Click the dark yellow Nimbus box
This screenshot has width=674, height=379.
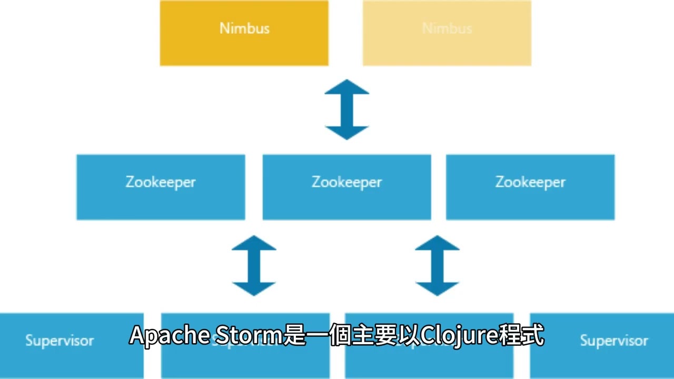click(244, 33)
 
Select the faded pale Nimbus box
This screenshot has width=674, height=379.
click(447, 33)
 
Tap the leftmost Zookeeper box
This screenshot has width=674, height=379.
click(161, 187)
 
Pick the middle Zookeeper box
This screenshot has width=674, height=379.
click(346, 187)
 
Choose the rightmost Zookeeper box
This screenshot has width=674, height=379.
click(530, 187)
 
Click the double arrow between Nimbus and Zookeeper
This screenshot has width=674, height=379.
click(346, 109)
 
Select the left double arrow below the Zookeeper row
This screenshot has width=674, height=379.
click(254, 265)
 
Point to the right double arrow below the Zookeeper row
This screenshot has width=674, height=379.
click(438, 265)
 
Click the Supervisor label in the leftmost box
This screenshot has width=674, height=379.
click(60, 341)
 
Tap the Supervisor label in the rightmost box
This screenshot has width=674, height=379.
click(614, 341)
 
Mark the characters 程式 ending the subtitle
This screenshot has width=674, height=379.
click(522, 335)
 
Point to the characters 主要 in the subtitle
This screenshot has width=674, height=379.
click(375, 335)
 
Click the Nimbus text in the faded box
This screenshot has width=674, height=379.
click(447, 28)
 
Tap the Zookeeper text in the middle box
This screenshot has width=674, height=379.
click(346, 182)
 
